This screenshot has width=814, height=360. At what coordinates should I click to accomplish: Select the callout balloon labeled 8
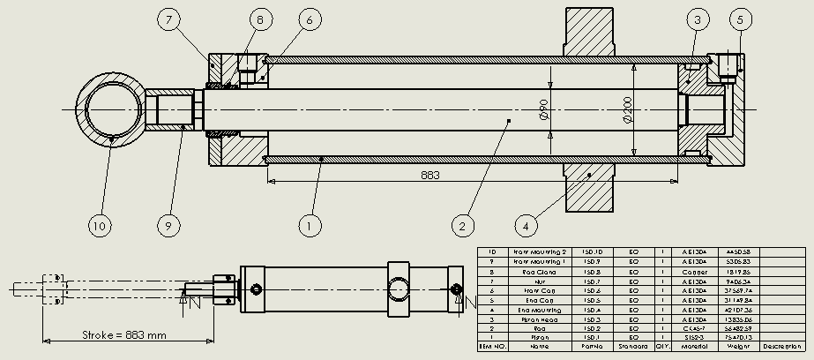click(261, 18)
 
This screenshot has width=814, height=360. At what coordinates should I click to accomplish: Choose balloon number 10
click(100, 226)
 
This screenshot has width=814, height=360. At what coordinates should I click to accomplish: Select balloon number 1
click(308, 226)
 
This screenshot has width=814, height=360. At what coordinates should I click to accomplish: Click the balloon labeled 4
click(526, 226)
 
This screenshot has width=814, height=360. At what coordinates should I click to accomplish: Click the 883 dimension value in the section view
click(431, 176)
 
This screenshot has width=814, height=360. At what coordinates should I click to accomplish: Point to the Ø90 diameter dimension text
click(544, 109)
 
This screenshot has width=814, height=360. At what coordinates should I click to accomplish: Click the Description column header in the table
click(782, 347)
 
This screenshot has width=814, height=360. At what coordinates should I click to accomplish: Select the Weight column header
click(740, 347)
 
